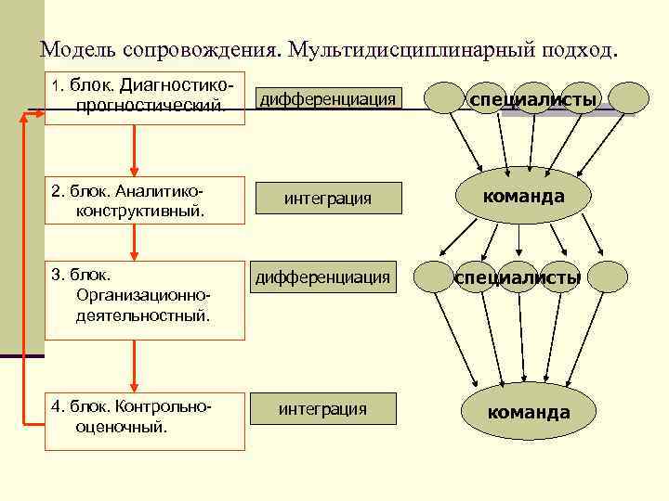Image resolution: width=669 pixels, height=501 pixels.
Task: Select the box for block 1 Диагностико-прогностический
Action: (145, 97)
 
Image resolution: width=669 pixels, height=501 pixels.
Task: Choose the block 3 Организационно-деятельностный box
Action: (145, 299)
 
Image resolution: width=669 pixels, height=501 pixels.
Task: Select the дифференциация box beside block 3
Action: (323, 276)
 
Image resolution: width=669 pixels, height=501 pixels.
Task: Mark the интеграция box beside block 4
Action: (323, 409)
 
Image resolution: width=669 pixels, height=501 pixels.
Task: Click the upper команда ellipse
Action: (522, 197)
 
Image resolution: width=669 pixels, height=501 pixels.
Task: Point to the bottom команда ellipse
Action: (528, 411)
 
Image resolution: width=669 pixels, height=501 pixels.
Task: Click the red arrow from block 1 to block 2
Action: (136, 149)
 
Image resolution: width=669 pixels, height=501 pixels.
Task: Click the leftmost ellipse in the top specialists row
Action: (444, 97)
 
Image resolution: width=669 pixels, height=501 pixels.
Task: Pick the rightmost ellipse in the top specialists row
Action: (629, 97)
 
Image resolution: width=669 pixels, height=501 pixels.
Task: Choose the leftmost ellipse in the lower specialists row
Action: (432, 276)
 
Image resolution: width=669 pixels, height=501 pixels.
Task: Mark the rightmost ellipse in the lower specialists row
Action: (609, 276)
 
